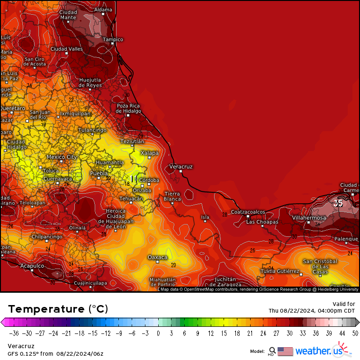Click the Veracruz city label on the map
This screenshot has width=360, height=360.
[x=181, y=167]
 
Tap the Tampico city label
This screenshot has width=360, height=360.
[x=113, y=39]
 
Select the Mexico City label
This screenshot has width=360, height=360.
[x=62, y=157]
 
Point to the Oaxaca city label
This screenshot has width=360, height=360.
[x=157, y=257]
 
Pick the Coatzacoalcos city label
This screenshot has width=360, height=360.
[x=248, y=212]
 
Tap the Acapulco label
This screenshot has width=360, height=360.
[x=32, y=266]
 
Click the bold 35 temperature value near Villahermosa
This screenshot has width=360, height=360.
[x=338, y=203]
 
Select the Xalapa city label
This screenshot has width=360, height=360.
[x=149, y=153]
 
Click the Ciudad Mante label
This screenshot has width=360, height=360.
[x=68, y=15]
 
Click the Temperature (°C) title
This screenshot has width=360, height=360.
[x=58, y=309]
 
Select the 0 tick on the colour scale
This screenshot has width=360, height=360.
[x=158, y=333]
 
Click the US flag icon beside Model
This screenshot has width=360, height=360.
[x=285, y=351]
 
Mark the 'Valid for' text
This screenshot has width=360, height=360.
[x=344, y=304]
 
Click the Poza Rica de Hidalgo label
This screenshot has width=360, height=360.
[x=128, y=108]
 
